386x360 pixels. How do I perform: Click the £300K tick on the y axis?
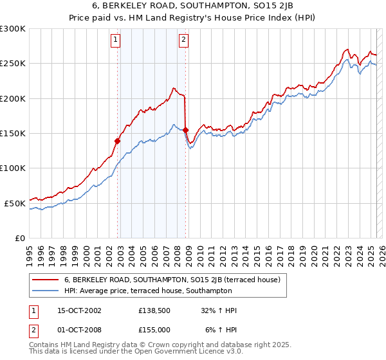click(x=13, y=29)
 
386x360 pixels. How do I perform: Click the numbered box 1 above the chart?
click(x=115, y=40)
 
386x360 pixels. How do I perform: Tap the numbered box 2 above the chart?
click(x=183, y=40)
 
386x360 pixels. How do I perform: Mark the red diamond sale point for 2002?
click(x=118, y=141)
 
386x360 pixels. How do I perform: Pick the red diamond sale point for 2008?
click(x=185, y=130)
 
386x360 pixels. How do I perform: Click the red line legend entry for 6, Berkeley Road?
click(x=171, y=280)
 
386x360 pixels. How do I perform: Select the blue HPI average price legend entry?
click(x=174, y=291)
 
